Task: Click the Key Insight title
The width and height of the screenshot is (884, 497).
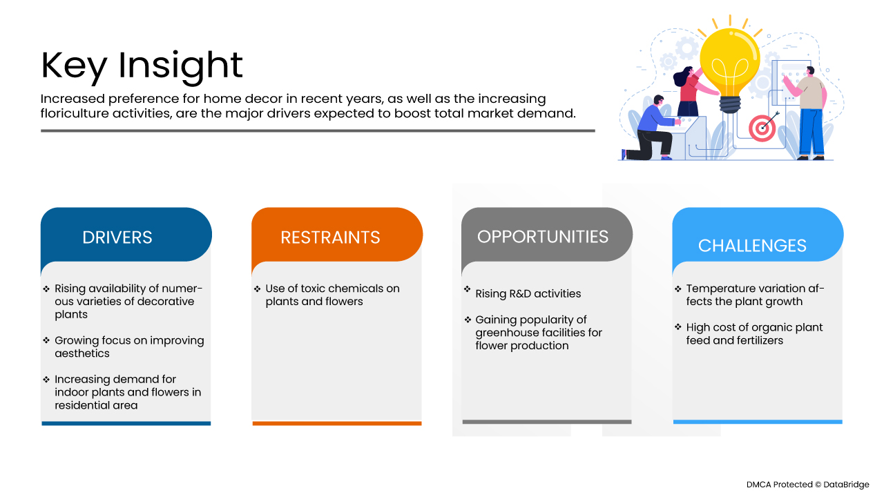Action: point(142,66)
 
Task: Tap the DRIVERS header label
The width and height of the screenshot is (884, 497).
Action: point(117,237)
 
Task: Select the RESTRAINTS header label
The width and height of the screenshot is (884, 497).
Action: point(330,237)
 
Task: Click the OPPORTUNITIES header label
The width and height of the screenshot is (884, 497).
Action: point(543,237)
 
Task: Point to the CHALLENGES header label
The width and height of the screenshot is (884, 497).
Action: point(752,246)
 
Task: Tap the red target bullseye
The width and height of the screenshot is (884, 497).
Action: point(762,128)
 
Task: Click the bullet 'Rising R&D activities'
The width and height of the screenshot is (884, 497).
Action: point(523,293)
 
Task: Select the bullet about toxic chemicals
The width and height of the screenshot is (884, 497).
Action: point(327,295)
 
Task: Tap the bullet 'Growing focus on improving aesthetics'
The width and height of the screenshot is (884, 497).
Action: point(124,347)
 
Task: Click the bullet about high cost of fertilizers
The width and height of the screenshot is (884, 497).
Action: point(749,333)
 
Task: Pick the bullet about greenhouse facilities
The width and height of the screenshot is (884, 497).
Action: point(533,332)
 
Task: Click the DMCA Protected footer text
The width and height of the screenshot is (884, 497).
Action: point(807,485)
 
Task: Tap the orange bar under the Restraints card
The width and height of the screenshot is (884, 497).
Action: point(337,423)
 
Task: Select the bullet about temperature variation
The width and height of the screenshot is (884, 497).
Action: point(749,295)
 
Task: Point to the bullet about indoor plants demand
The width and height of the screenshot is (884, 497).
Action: point(122,392)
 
